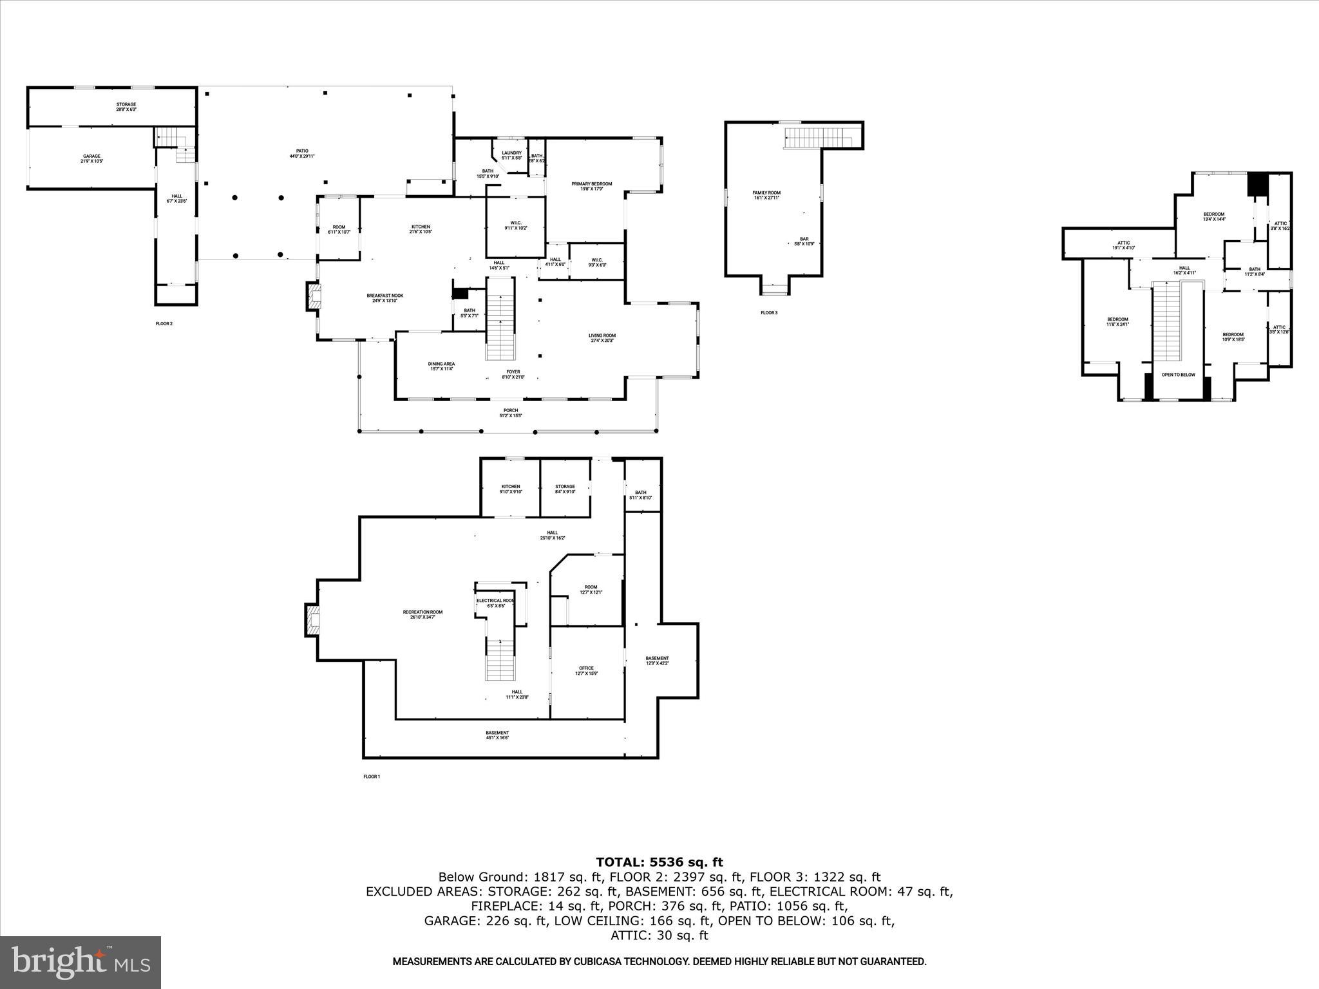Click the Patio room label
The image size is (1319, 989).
pyautogui.click(x=301, y=153)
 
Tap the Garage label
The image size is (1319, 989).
pyautogui.click(x=91, y=158)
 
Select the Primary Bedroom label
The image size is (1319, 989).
pyautogui.click(x=591, y=186)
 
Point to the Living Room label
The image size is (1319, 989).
pyautogui.click(x=602, y=337)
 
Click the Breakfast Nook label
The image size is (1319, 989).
pyautogui.click(x=384, y=297)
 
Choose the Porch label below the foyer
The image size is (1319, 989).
pyautogui.click(x=510, y=413)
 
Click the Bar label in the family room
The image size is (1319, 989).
pyautogui.click(x=804, y=241)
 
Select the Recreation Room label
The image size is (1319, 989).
pyautogui.click(x=422, y=614)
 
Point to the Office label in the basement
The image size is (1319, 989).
pyautogui.click(x=585, y=670)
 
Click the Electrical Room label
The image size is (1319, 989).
pyautogui.click(x=495, y=603)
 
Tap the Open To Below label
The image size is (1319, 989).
pyautogui.click(x=1178, y=375)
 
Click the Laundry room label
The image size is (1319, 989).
pyautogui.click(x=511, y=155)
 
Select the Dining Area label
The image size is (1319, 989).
pyautogui.click(x=441, y=366)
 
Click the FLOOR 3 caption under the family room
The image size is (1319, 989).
pyautogui.click(x=768, y=313)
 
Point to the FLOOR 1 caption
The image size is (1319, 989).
pyautogui.click(x=372, y=777)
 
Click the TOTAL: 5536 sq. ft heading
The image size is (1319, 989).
pyautogui.click(x=659, y=862)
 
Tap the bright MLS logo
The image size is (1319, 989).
pyautogui.click(x=81, y=962)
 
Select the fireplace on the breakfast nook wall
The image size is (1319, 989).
pyautogui.click(x=314, y=297)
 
